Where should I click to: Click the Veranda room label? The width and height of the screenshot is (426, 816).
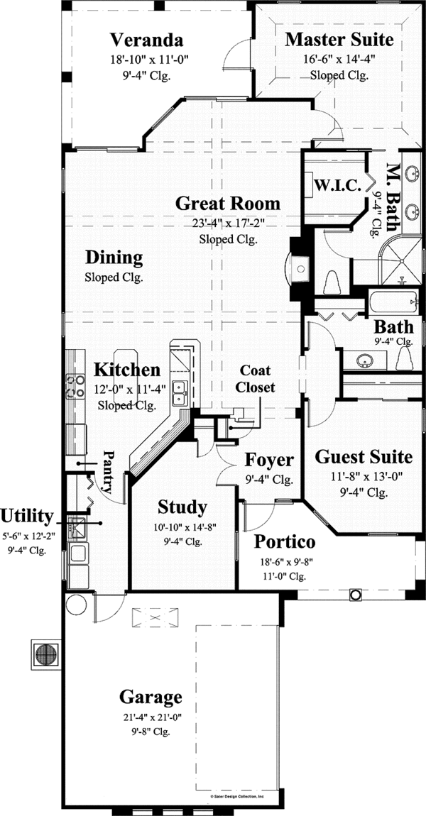coord(146,39)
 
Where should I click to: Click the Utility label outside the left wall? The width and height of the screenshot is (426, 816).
coord(27,515)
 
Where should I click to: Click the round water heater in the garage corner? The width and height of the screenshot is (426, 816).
coord(75,605)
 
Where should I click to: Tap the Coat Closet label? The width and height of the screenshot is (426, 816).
coord(255,379)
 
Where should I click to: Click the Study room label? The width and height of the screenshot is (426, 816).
coord(182,507)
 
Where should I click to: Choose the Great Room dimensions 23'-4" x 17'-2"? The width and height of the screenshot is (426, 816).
coord(228,223)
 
